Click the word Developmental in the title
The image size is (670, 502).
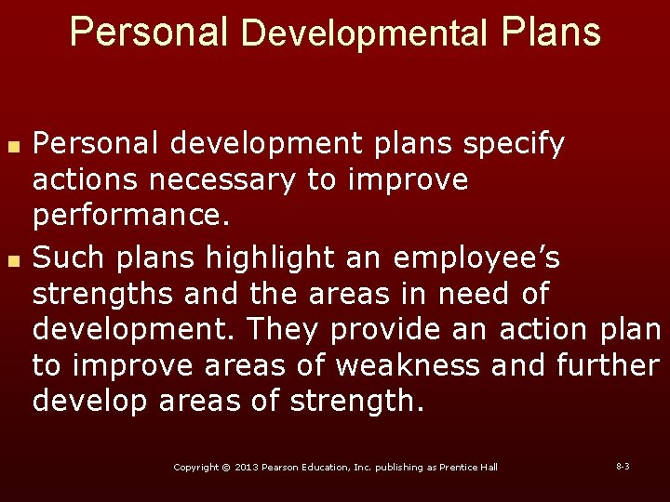pos(364,33)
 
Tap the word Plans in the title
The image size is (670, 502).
pos(551,32)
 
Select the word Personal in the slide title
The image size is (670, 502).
pos(149,32)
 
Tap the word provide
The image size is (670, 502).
pos(378,329)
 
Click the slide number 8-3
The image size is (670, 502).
pos(623,466)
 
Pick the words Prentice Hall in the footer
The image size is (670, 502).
pos(470,467)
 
